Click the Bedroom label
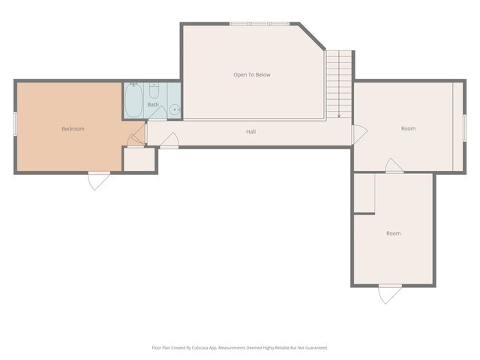73,129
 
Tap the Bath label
153,104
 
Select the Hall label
251,132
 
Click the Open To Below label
252,75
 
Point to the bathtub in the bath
134,101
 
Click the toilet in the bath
154,91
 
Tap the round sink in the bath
174,109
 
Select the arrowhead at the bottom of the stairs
339,115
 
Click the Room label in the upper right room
408,129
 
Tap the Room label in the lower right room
393,233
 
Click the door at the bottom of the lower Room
390,293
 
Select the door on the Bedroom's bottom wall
99,180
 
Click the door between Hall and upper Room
359,135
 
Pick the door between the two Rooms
394,166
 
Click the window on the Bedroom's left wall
15,124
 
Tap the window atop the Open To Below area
259,24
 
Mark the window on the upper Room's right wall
464,126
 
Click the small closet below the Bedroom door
139,159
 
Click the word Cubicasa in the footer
194,348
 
